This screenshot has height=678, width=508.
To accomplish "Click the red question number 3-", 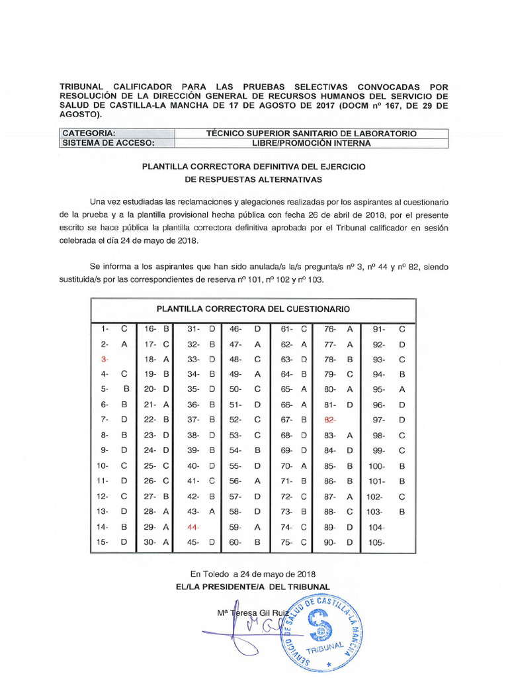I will pyautogui.click(x=104, y=358).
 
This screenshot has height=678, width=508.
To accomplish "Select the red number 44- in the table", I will pyautogui.click(x=193, y=527).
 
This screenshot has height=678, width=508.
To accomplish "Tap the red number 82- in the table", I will pyautogui.click(x=331, y=420).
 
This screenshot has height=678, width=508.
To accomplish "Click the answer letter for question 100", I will pyautogui.click(x=402, y=466).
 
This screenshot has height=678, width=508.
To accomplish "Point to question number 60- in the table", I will pyautogui.click(x=235, y=542).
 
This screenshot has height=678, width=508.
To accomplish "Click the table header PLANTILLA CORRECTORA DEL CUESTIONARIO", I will pyautogui.click(x=253, y=309).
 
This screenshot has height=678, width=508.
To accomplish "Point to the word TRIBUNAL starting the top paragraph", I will pyautogui.click(x=82, y=87).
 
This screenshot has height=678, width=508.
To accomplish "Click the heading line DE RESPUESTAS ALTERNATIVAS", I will pyautogui.click(x=253, y=179).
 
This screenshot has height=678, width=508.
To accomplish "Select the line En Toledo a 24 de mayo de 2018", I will pyautogui.click(x=253, y=574).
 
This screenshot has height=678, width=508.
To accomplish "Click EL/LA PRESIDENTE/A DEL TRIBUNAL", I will pyautogui.click(x=253, y=587).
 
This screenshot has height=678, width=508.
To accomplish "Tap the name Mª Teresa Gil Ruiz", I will pyautogui.click(x=253, y=613).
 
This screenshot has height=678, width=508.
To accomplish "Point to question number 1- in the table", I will pyautogui.click(x=105, y=328).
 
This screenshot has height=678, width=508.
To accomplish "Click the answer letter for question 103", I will pyautogui.click(x=402, y=512).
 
